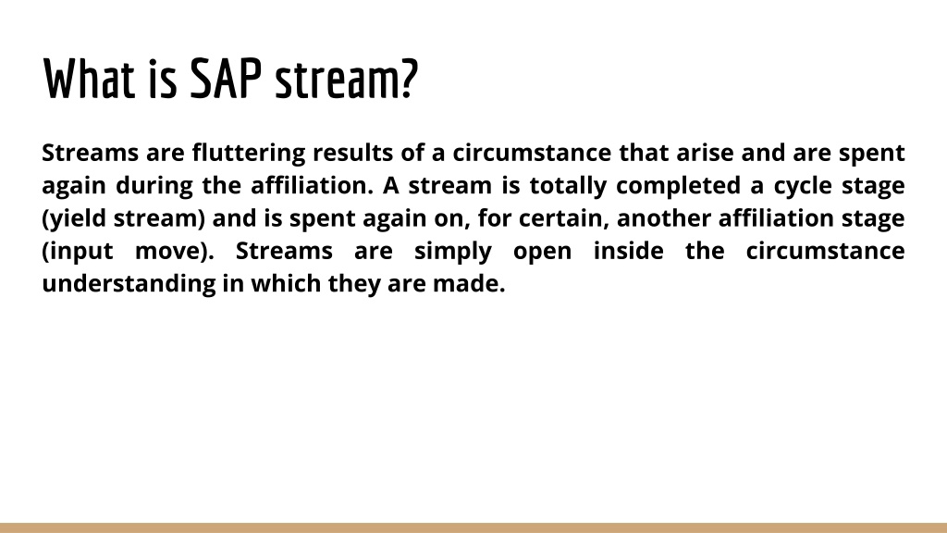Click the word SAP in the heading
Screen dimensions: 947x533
click(226, 79)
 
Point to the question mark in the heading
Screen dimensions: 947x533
click(409, 79)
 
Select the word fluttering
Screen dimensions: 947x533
click(249, 154)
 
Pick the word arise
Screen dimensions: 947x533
click(705, 153)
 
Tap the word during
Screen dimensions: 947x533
click(154, 186)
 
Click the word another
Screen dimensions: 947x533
click(664, 218)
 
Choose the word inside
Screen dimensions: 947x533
click(629, 251)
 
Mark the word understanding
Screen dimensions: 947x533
click(129, 284)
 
